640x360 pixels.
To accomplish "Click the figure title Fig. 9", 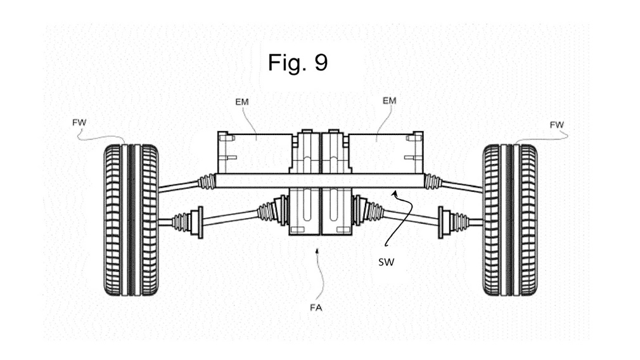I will pos(297,63).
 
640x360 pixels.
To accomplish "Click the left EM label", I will pos(241,101).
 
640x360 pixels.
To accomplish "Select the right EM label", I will pos(389,101).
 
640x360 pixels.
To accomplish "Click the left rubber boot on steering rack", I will pos(206,181).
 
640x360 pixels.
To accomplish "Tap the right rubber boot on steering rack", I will pos(433,182).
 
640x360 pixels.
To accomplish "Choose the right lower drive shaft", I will pos(409,217).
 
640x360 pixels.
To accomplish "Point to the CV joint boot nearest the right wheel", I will pos(454,222).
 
